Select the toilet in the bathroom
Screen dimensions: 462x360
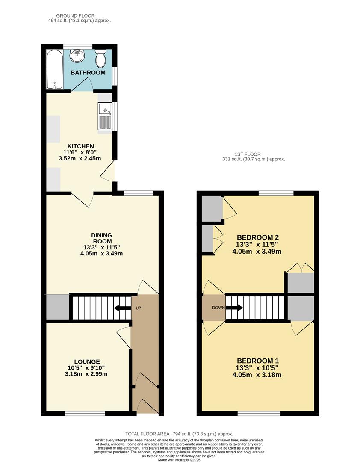pyautogui.click(x=101, y=59)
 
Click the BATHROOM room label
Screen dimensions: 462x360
pyautogui.click(x=88, y=73)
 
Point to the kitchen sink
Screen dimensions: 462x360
pyautogui.click(x=105, y=116)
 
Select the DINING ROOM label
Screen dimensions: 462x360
pyautogui.click(x=101, y=238)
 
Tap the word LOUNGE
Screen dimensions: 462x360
pyautogui.click(x=86, y=361)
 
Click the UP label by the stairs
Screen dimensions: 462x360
pyautogui.click(x=139, y=308)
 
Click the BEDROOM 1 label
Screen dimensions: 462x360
pyautogui.click(x=258, y=361)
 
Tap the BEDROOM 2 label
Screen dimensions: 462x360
pyautogui.click(x=258, y=237)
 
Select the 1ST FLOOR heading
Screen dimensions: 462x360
pyautogui.click(x=248, y=154)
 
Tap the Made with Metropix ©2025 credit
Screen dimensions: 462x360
pyautogui.click(x=179, y=460)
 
